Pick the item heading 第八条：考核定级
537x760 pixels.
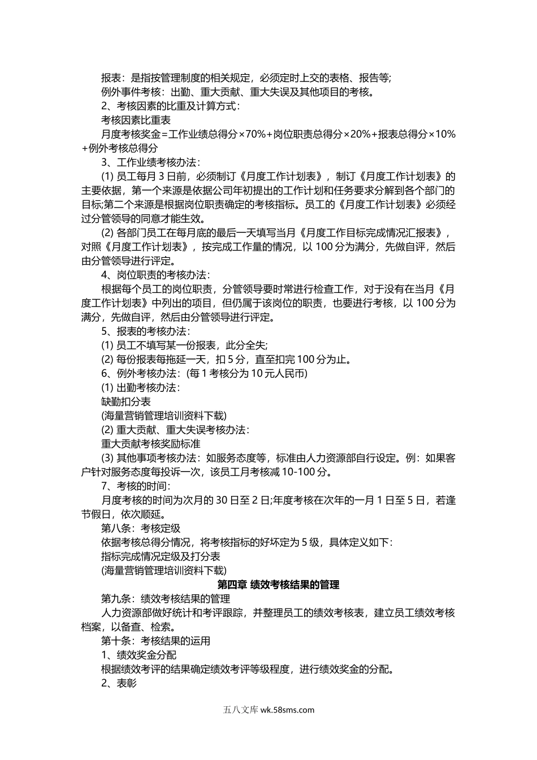coord(141,528)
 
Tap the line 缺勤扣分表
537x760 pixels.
coord(126,401)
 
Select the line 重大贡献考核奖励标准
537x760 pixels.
coord(151,444)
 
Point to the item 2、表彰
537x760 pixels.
coord(119,683)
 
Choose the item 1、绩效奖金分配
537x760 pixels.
coord(138,655)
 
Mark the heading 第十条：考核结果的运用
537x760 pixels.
coord(155,641)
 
